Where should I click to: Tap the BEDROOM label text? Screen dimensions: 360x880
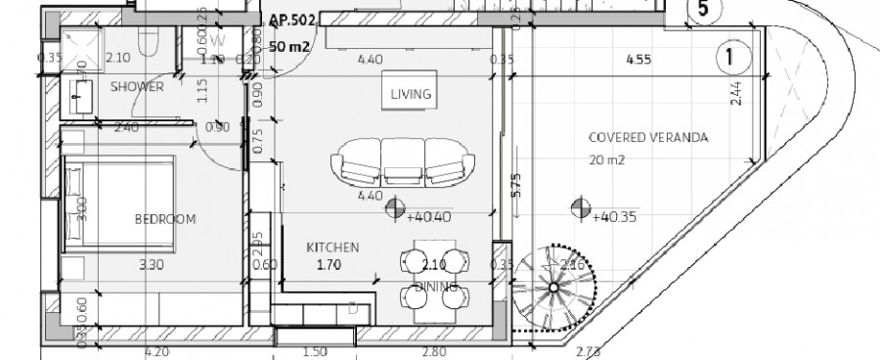(x=165, y=219)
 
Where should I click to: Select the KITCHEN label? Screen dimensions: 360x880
(x=334, y=247)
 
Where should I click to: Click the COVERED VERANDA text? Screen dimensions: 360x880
(x=635, y=138)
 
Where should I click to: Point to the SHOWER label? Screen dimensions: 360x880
(x=136, y=87)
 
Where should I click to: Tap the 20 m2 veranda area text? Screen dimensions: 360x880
(x=608, y=159)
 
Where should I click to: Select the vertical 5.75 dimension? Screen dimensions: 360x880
(x=517, y=187)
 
